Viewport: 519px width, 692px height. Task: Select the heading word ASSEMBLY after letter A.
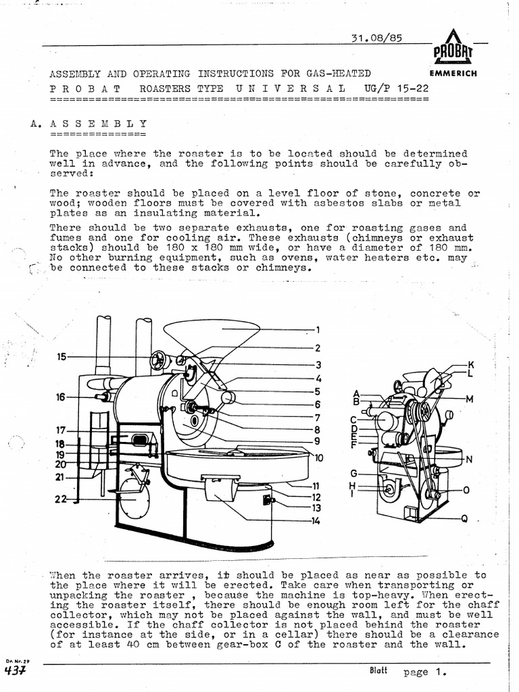99,124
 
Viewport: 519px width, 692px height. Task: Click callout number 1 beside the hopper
317,330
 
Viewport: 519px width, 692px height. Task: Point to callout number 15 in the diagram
61,356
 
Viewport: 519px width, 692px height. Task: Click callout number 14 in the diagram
315,520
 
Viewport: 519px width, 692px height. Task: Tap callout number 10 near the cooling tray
318,458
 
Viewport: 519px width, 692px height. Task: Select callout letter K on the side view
471,365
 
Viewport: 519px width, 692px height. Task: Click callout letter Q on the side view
465,519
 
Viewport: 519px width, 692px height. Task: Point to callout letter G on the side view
353,472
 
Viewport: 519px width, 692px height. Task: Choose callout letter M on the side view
469,399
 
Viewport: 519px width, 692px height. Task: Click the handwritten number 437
14,671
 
